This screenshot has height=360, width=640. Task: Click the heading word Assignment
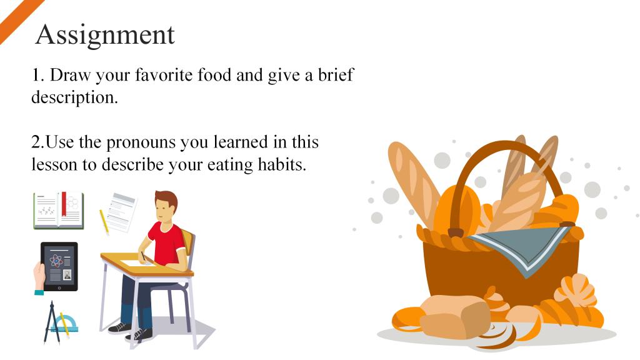point(105,35)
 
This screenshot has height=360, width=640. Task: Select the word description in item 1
point(75,97)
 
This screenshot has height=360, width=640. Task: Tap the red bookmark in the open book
point(64,204)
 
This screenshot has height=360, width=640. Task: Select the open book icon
point(59,210)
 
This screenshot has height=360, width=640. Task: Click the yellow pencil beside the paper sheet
point(104,222)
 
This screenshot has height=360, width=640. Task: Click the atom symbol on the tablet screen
point(56,261)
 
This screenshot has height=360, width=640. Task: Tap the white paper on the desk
point(138,261)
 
